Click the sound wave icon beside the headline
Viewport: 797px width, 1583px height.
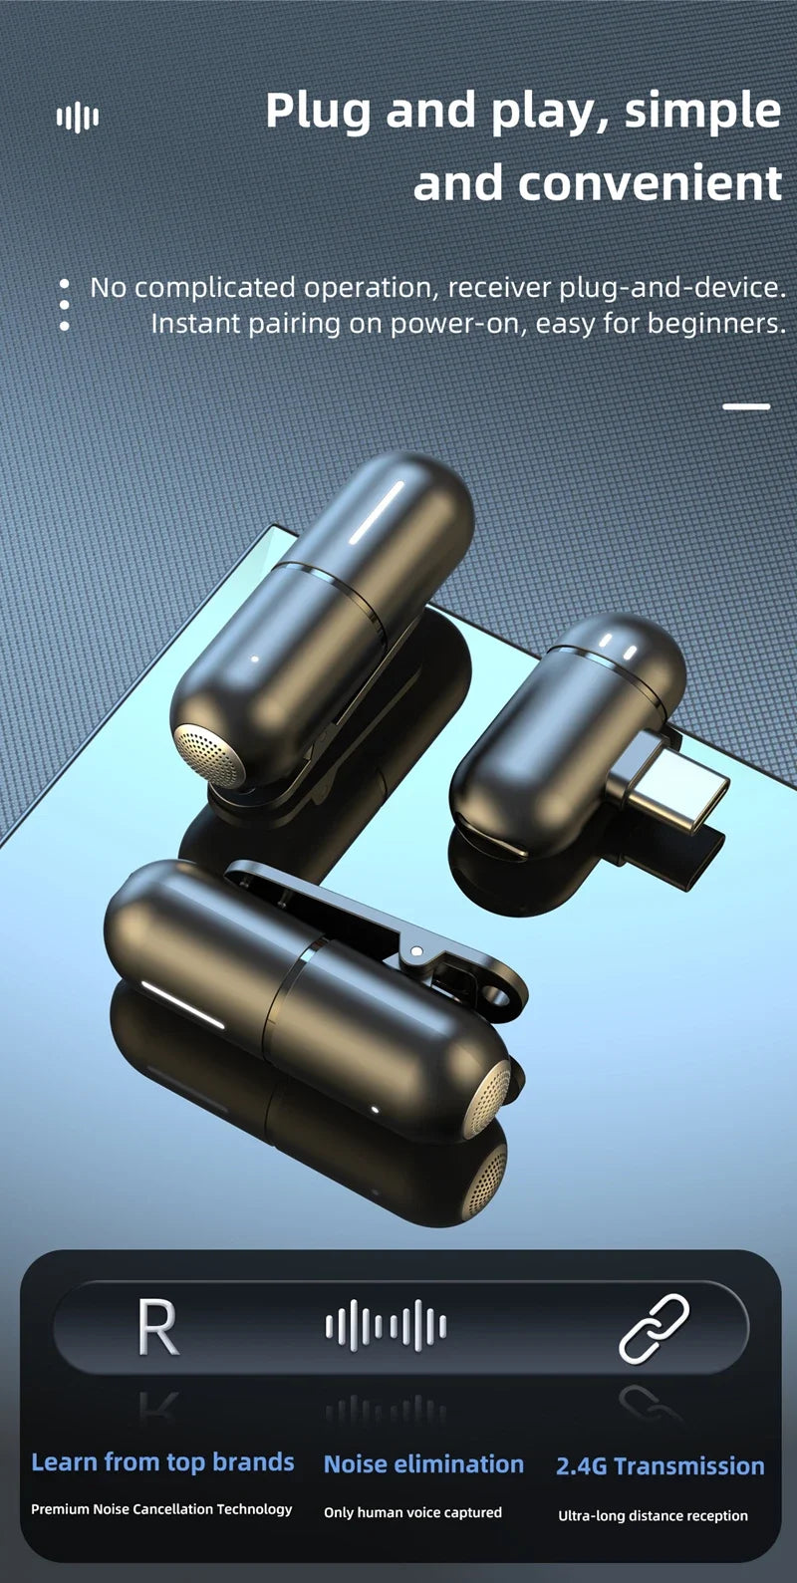[x=78, y=118]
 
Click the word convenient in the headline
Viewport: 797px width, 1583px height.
[x=650, y=183]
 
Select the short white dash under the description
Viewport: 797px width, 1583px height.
[x=746, y=406]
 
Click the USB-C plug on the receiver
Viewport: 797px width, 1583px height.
[x=671, y=784]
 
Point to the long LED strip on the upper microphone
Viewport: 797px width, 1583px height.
[x=377, y=513]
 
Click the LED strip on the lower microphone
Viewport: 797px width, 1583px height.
[x=182, y=1004]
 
